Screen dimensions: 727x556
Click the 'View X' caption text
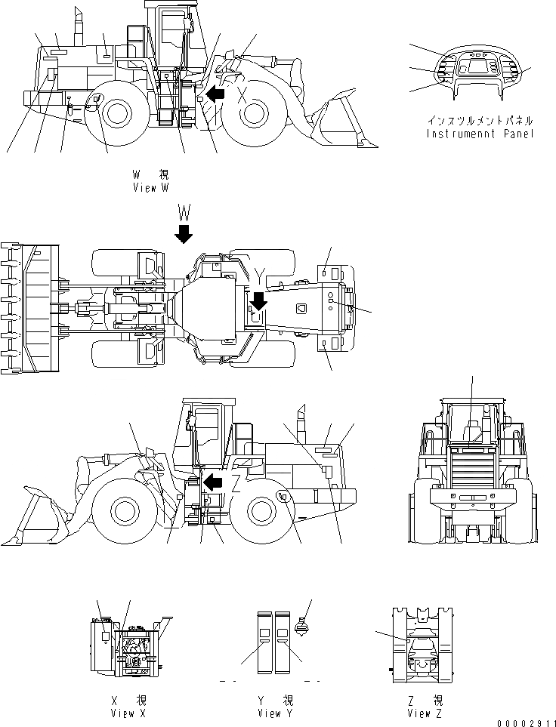click(x=127, y=713)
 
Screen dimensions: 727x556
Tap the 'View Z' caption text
click(x=423, y=713)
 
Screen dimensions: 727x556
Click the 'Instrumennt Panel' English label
click(x=480, y=134)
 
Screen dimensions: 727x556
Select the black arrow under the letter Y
click(x=258, y=302)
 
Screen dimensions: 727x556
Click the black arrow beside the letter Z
click(x=213, y=482)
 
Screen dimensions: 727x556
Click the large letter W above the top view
click(x=183, y=209)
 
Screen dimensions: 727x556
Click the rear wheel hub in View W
click(x=116, y=114)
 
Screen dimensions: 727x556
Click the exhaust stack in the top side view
click(x=78, y=29)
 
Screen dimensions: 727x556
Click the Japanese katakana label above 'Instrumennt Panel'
click(x=480, y=121)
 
